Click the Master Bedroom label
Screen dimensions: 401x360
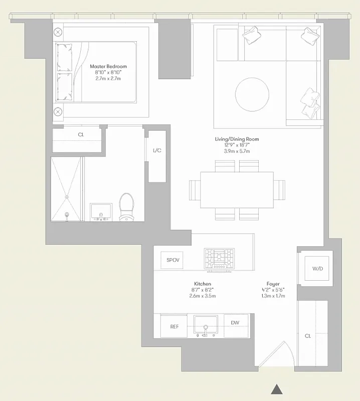108,66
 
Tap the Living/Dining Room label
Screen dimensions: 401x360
237,139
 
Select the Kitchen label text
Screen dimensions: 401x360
203,284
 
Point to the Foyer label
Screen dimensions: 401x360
273,284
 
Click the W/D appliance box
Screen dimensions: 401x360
317,269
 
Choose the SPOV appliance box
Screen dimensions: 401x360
173,260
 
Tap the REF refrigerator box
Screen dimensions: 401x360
174,326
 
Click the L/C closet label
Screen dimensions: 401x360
156,150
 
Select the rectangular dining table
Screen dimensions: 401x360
237,189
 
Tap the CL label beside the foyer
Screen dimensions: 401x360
308,336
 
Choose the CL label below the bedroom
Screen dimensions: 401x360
81,135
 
